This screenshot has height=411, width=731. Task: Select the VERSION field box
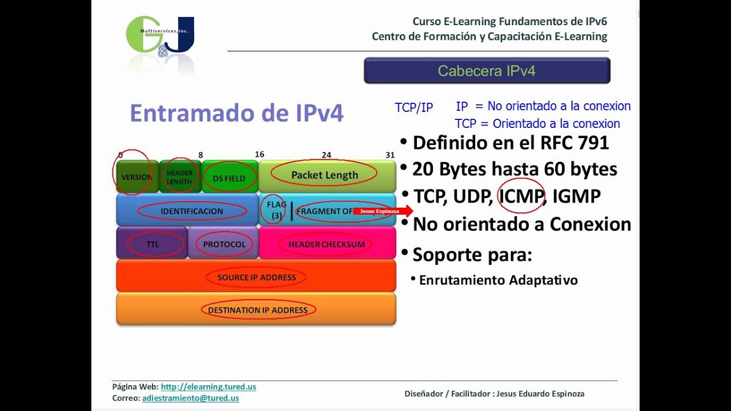(137, 177)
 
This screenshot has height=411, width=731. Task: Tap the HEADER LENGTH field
(179, 177)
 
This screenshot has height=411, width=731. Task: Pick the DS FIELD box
(229, 178)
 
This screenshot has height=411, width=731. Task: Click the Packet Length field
(324, 175)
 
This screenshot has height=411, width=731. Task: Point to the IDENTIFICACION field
(192, 211)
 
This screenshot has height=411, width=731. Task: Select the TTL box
(152, 244)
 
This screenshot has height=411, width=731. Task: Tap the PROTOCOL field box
(224, 244)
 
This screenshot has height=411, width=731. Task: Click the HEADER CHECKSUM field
(326, 244)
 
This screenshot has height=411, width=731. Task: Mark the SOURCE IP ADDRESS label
(256, 277)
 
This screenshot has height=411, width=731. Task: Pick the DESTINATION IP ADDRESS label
(258, 310)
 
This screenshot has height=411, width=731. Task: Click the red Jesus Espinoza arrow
(382, 211)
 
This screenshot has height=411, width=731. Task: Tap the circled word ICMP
(520, 196)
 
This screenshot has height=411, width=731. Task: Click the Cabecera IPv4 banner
(487, 71)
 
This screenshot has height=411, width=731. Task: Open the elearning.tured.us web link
(208, 386)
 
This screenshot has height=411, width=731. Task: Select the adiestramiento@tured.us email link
(190, 398)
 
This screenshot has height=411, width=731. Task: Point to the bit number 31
(390, 155)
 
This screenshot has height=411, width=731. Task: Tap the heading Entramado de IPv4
(236, 113)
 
